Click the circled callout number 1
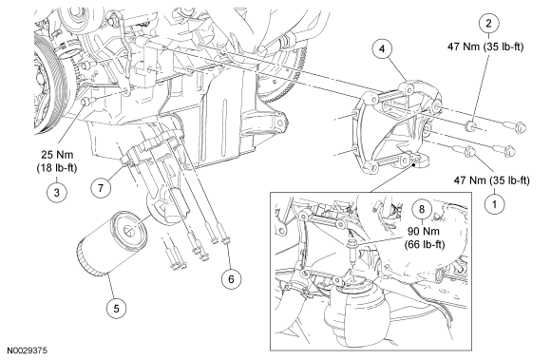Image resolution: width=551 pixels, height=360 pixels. pyautogui.click(x=494, y=204)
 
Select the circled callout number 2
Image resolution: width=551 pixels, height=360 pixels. pyautogui.click(x=488, y=24)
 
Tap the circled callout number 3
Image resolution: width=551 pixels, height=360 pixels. pyautogui.click(x=57, y=192)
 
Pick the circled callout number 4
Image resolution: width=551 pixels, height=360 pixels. pyautogui.click(x=382, y=48)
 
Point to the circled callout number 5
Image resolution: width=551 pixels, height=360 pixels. pyautogui.click(x=116, y=309)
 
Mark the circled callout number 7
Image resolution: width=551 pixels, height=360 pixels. pyautogui.click(x=101, y=188)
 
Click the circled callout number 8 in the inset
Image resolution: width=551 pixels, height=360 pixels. pyautogui.click(x=422, y=209)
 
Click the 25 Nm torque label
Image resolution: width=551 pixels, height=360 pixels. pyautogui.click(x=58, y=155)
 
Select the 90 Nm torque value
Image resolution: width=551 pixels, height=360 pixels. pyautogui.click(x=424, y=232)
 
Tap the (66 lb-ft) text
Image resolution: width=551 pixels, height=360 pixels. pyautogui.click(x=425, y=244)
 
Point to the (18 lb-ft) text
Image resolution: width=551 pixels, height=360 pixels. pyautogui.click(x=57, y=168)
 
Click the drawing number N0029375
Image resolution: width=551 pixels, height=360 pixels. pyautogui.click(x=28, y=351)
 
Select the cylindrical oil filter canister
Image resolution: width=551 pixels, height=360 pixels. pyautogui.click(x=111, y=243)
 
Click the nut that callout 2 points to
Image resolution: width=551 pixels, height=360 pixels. pyautogui.click(x=472, y=126)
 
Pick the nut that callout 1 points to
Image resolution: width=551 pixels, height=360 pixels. pyautogui.click(x=471, y=153)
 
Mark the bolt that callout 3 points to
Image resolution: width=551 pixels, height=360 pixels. pyautogui.click(x=86, y=102)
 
